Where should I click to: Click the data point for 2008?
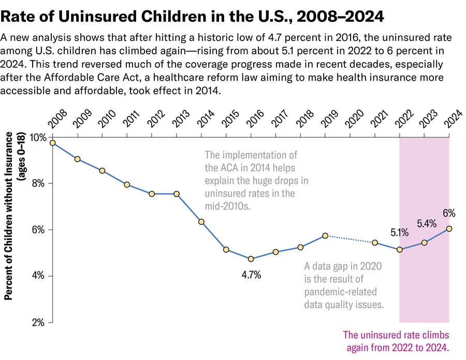[53, 143]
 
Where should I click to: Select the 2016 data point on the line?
[251, 259]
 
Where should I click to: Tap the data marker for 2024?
[449, 228]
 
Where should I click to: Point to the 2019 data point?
[325, 236]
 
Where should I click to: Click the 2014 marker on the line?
[201, 222]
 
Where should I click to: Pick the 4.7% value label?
[251, 275]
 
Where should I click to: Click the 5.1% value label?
[399, 233]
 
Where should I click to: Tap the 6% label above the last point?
[449, 213]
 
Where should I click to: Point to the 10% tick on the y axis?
[38, 137]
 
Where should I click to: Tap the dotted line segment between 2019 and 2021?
[350, 239]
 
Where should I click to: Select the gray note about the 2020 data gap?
[344, 285]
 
